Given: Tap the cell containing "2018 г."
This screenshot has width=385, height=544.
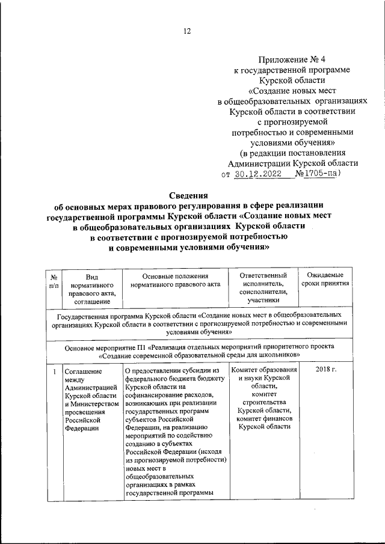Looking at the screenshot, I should tap(326, 369).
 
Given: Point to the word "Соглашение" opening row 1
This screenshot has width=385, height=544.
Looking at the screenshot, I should tap(84, 371).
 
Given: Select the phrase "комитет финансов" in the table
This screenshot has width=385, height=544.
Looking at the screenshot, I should tap(265, 418).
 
